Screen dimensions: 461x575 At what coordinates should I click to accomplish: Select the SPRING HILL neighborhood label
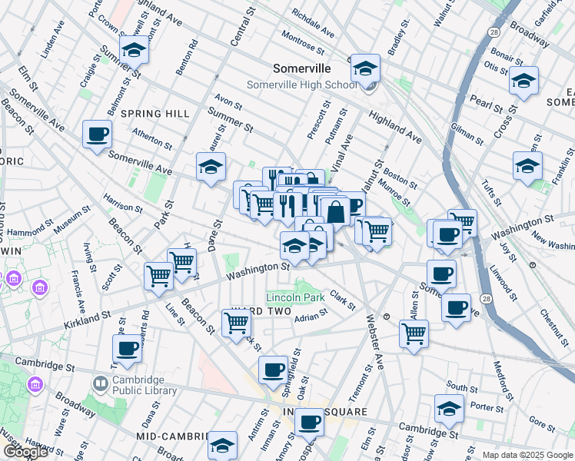[155, 114]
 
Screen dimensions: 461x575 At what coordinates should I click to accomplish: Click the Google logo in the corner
[25, 451]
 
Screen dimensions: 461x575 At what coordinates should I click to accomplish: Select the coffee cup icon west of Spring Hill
[98, 135]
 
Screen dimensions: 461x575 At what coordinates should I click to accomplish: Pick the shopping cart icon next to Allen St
[414, 333]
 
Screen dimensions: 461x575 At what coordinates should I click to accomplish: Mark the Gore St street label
[542, 424]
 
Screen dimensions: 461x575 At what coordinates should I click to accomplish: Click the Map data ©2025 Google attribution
[527, 455]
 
